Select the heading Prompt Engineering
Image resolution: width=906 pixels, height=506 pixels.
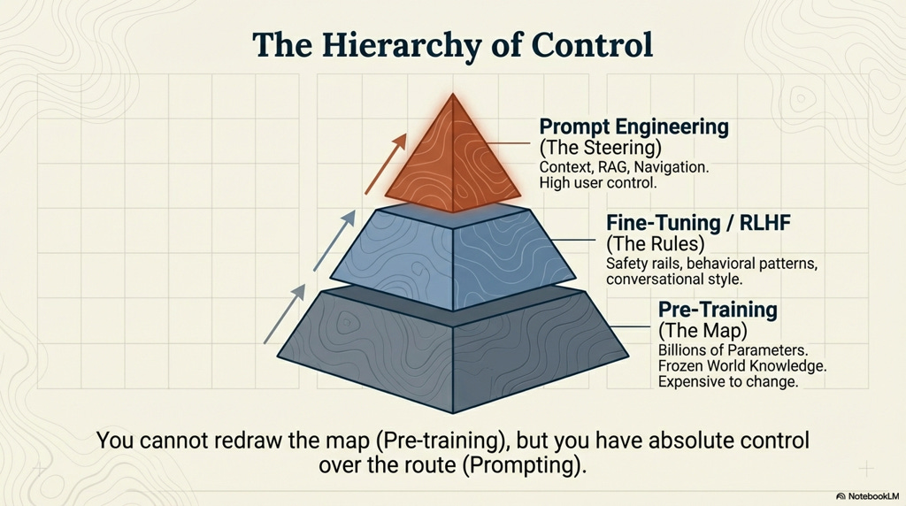point(633,126)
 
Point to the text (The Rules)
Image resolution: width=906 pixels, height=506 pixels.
point(649,243)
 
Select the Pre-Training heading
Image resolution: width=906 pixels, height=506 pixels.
point(718,310)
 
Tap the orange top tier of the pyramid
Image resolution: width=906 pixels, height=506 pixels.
point(454,164)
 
